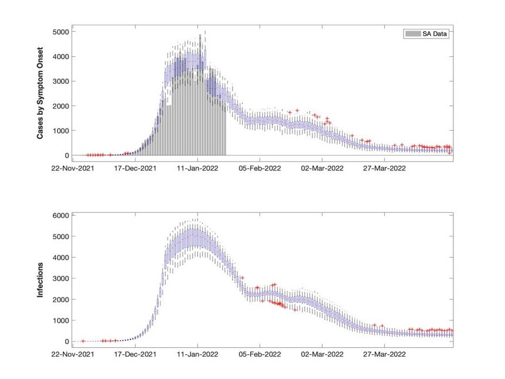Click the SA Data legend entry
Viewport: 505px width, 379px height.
(426, 34)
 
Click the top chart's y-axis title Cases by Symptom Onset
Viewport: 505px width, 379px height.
(40, 93)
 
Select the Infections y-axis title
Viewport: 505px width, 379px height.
(40, 280)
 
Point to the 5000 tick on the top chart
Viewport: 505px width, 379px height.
(61, 32)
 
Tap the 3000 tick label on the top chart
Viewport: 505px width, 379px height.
(61, 81)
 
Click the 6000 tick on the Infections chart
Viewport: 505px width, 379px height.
(61, 216)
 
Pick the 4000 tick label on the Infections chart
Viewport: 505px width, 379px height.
(61, 258)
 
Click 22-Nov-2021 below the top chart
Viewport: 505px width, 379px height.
(73, 168)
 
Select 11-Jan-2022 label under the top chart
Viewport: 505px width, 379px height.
(198, 168)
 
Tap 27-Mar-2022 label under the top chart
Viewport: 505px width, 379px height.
(384, 168)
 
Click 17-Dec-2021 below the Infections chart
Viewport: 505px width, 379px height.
(135, 354)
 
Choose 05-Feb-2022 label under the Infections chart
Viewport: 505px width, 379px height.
(260, 354)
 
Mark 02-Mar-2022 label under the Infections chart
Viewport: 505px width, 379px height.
(322, 354)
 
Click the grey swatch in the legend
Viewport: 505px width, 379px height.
(413, 34)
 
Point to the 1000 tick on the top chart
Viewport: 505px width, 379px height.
(61, 131)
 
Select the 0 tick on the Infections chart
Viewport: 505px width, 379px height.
(67, 342)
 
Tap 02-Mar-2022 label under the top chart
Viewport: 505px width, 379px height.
(322, 168)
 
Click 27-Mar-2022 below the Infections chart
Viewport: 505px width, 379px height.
(384, 354)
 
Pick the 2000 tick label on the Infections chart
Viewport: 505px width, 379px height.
(61, 299)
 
